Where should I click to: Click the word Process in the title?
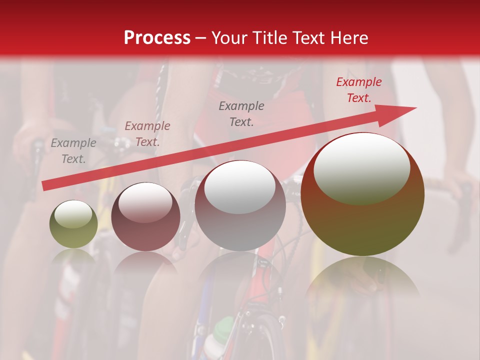[x=157, y=38]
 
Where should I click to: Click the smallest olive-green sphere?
[x=73, y=224]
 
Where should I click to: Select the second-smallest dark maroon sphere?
[x=145, y=217]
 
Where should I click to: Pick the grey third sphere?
[x=240, y=206]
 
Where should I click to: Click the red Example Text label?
[x=358, y=90]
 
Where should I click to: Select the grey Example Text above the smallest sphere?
[x=73, y=151]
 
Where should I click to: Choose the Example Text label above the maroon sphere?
[x=147, y=134]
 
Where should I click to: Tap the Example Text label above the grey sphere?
[x=241, y=114]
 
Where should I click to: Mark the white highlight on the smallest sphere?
[x=73, y=214]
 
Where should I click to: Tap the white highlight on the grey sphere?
[x=239, y=186]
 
